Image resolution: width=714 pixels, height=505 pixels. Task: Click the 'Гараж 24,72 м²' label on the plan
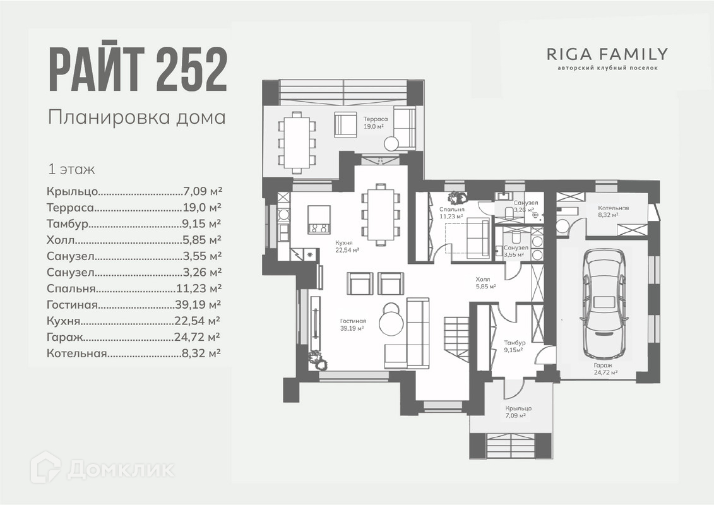[605, 369]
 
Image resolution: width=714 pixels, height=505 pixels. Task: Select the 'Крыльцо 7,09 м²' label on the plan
[518, 412]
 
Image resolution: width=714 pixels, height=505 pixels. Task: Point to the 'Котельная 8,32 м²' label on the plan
[613, 211]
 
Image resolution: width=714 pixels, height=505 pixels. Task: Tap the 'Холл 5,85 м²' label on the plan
[485, 282]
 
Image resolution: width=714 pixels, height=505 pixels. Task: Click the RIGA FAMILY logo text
[607, 54]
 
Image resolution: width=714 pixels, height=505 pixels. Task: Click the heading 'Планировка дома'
[136, 117]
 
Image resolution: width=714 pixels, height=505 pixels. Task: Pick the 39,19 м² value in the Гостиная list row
[197, 305]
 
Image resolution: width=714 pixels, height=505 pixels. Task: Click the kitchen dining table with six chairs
[380, 215]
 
